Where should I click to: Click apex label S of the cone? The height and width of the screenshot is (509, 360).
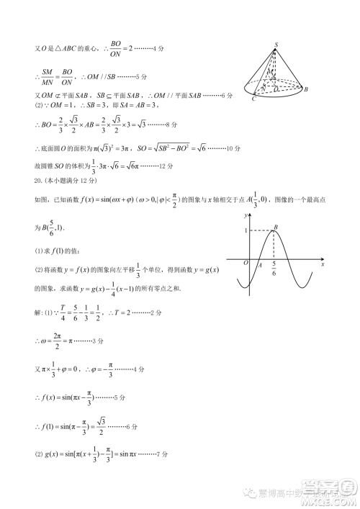pyautogui.click(x=276, y=45)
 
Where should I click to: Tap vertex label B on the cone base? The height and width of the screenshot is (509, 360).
pyautogui.click(x=306, y=89)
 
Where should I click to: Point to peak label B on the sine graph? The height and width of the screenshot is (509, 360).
pyautogui.click(x=277, y=227)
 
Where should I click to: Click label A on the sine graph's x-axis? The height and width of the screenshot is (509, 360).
pyautogui.click(x=258, y=265)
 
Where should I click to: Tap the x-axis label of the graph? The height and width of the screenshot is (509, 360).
pyautogui.click(x=323, y=264)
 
